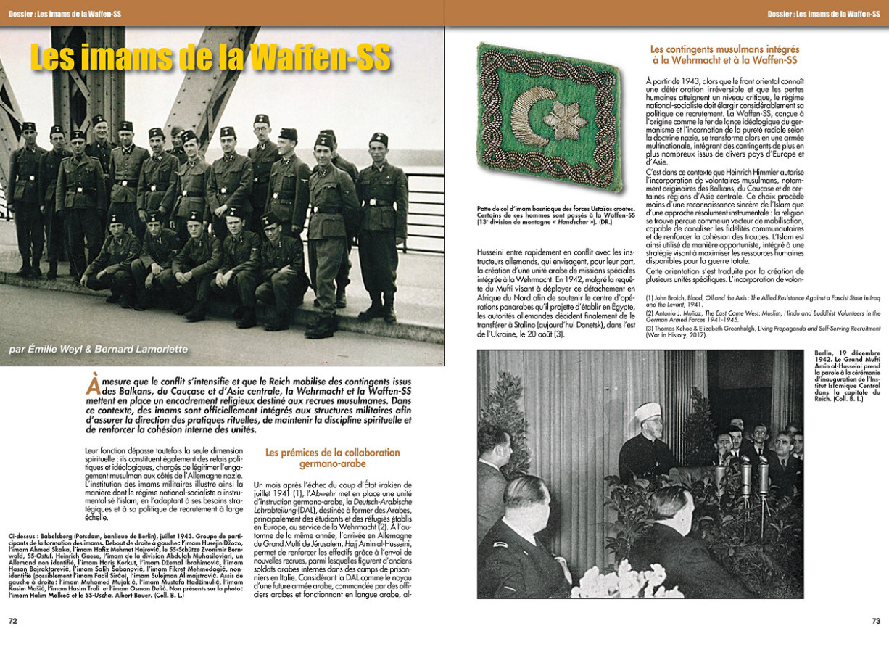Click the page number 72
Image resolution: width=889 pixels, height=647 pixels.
[12, 621]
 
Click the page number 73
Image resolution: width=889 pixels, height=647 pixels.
[875, 621]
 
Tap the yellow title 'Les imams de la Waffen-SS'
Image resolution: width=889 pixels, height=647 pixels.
[210, 59]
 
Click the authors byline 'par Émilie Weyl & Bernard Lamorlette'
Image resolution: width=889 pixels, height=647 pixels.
[97, 349]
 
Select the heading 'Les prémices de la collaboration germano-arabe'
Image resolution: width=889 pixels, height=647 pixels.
[332, 458]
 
